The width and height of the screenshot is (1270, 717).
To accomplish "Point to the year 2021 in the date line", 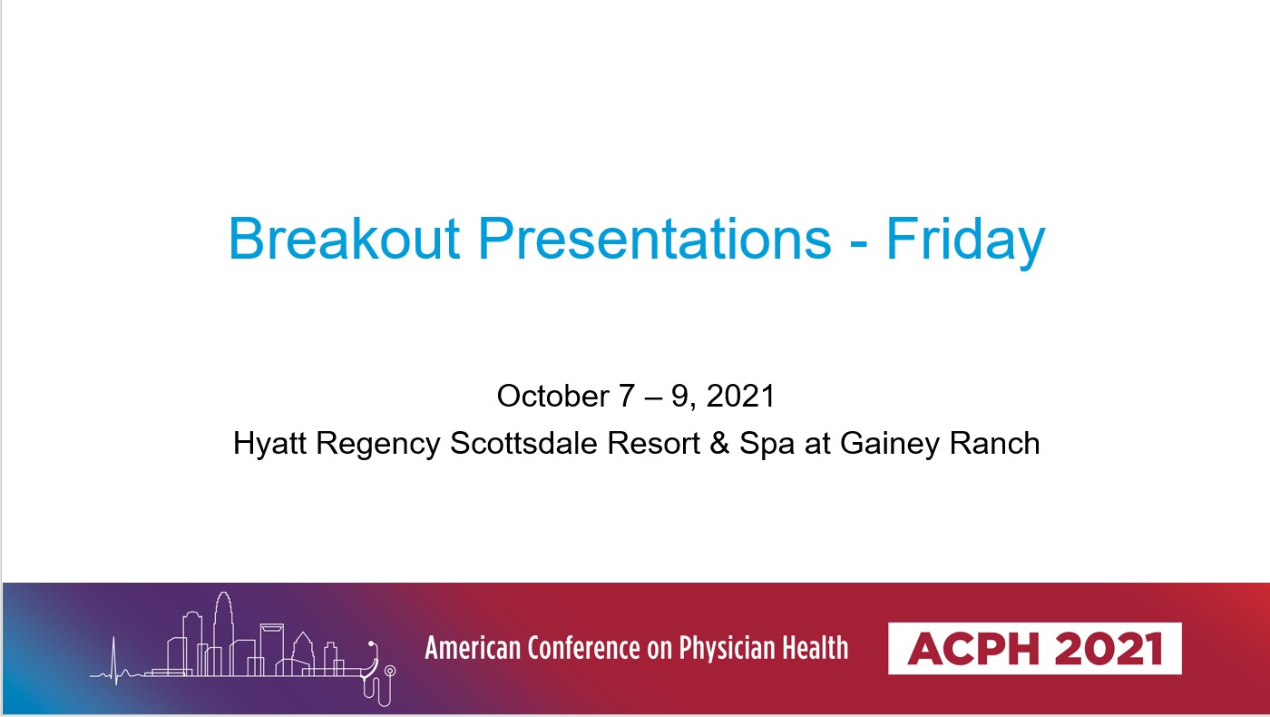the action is [740, 396].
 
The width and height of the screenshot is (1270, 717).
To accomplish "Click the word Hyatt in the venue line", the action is [269, 443].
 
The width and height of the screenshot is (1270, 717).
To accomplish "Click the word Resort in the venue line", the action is [654, 443].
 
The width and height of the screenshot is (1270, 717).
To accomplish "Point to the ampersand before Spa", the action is [719, 443].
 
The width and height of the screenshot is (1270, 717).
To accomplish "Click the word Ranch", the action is [994, 443].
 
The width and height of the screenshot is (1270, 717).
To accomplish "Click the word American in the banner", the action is [473, 648].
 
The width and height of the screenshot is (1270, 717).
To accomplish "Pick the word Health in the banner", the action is [816, 648].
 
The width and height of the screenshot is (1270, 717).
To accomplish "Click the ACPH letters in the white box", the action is [973, 648].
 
